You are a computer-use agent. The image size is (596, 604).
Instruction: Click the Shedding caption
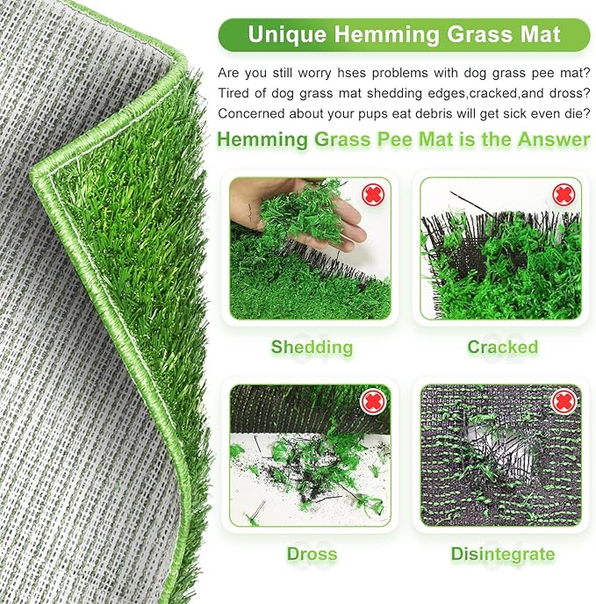tap(312, 347)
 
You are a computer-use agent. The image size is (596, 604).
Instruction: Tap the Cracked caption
tap(502, 347)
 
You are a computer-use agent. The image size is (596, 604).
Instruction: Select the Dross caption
tap(312, 554)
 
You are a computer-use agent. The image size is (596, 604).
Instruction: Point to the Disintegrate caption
tap(502, 554)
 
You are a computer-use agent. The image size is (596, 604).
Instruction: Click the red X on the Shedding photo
tap(373, 193)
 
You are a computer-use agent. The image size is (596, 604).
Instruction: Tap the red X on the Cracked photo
tap(564, 194)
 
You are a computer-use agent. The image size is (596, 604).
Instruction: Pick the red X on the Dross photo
tap(373, 401)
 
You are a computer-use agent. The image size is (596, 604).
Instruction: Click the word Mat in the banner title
tap(542, 34)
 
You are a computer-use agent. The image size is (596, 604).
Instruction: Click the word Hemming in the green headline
tap(261, 139)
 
